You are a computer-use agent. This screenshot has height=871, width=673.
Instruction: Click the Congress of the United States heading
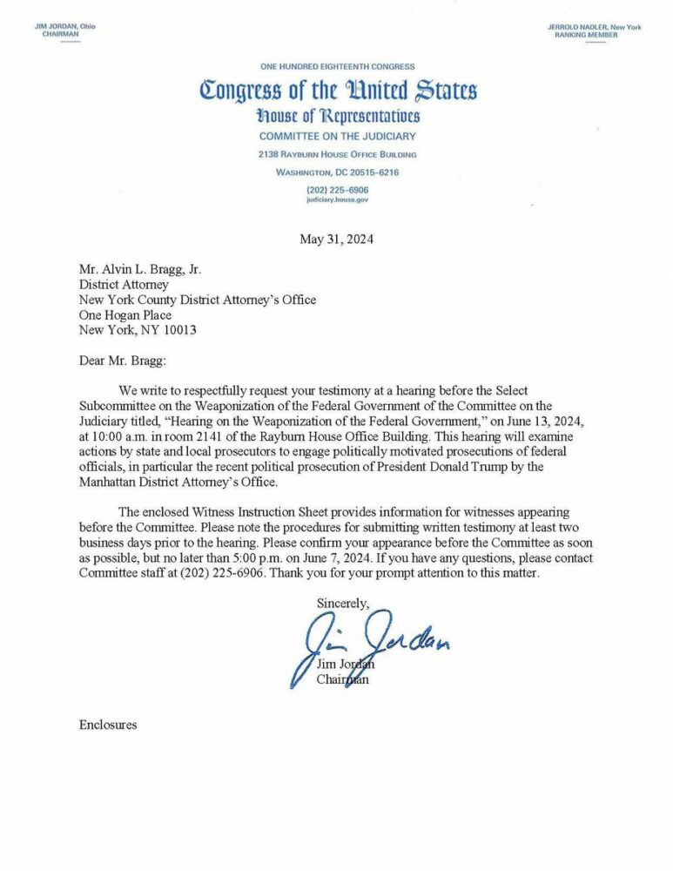(x=338, y=90)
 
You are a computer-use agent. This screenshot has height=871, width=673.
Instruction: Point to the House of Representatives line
(x=338, y=116)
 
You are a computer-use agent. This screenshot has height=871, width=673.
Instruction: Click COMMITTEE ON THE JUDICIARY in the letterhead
(x=338, y=136)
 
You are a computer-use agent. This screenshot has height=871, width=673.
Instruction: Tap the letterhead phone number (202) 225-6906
(x=338, y=189)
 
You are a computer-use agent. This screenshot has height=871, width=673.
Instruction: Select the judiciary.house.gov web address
(x=338, y=199)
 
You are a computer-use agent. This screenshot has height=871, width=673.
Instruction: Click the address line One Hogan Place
(x=125, y=315)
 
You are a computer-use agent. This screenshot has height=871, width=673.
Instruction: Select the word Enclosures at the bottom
(x=108, y=725)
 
